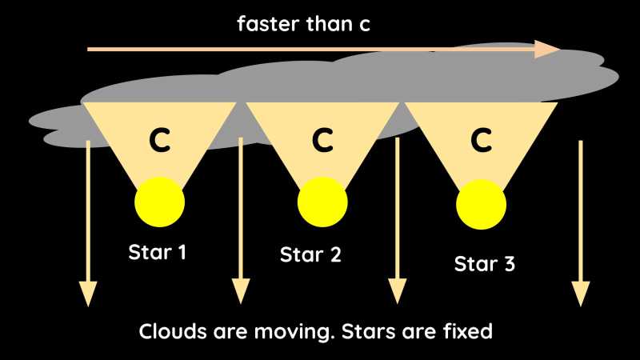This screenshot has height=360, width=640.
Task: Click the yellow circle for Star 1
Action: [x=159, y=202]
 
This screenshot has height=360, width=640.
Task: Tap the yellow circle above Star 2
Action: [x=322, y=203]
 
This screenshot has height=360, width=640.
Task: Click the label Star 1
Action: [x=158, y=253]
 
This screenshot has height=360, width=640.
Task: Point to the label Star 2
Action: [x=310, y=255]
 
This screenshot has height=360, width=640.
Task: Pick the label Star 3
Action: [x=484, y=263]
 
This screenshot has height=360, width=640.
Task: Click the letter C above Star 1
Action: [x=160, y=141]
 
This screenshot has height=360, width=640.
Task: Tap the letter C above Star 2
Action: [x=322, y=141]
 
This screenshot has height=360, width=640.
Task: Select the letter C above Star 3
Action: [x=481, y=141]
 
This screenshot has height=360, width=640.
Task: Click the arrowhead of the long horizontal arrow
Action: [x=548, y=49]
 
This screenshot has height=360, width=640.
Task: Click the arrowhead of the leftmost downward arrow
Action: [x=88, y=294]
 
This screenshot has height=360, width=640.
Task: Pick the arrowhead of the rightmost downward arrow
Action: [x=580, y=294]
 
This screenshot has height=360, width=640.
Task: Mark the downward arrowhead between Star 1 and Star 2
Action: [x=240, y=292]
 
